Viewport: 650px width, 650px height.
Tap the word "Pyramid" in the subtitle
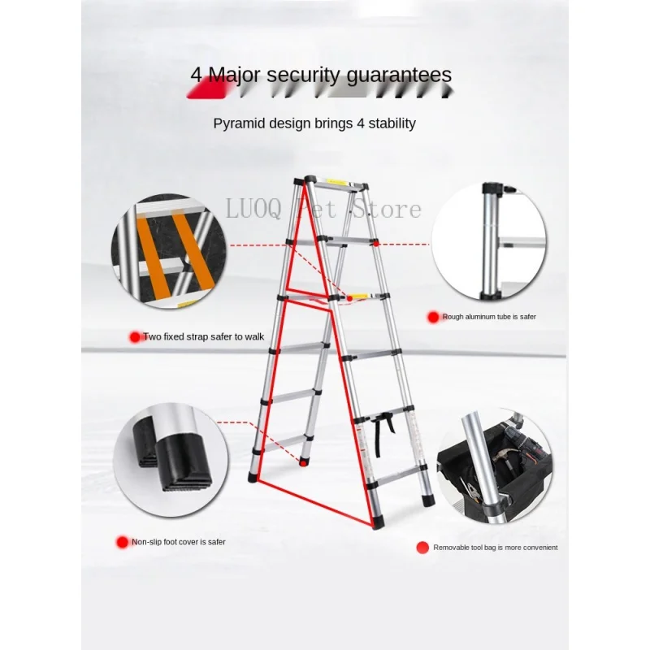coord(240,123)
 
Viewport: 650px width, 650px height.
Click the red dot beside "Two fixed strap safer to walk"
coord(135,336)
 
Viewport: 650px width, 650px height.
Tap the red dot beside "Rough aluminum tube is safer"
coord(435,316)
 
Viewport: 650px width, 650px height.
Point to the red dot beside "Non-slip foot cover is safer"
coord(123,541)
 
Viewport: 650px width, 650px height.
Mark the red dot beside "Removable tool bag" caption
coord(422,548)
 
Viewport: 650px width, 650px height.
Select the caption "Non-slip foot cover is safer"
coord(179,541)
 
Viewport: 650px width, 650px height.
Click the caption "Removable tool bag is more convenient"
coord(495,548)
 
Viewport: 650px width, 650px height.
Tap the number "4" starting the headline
coord(196,75)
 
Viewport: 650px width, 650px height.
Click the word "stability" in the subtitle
coord(388,123)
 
